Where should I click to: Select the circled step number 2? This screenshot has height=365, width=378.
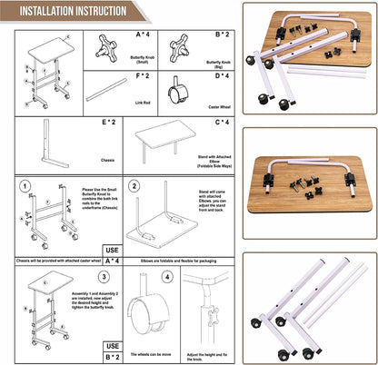pos(134,186)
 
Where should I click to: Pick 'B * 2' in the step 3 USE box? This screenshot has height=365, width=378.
pos(113,356)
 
